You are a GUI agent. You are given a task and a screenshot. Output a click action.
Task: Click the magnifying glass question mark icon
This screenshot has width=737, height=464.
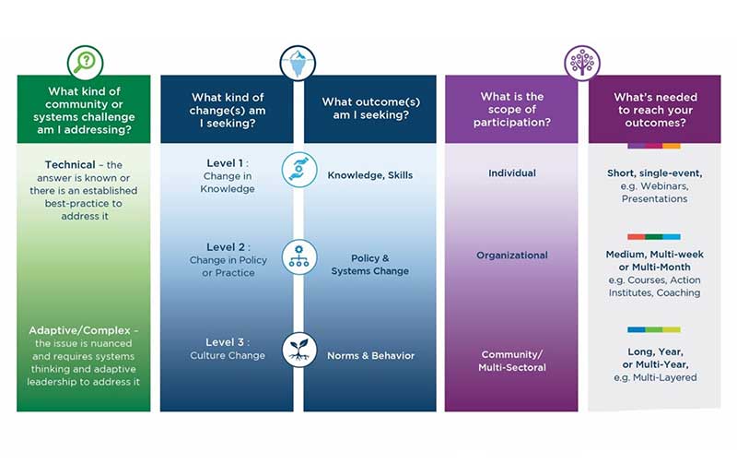(85, 62)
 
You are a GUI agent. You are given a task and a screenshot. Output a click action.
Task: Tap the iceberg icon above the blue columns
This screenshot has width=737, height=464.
(298, 64)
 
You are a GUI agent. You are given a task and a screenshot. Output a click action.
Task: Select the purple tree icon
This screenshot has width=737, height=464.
(582, 63)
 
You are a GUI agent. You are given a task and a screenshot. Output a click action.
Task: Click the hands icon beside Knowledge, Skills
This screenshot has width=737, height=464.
(298, 170)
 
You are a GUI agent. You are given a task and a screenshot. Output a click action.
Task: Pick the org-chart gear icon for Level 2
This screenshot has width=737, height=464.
(298, 257)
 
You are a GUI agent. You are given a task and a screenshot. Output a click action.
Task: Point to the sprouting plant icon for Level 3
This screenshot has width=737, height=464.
(298, 350)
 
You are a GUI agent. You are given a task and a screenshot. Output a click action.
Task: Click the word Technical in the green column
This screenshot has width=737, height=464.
(70, 165)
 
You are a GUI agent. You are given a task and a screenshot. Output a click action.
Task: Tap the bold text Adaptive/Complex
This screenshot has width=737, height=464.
(79, 330)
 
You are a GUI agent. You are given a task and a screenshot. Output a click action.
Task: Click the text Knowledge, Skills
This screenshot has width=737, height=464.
(370, 175)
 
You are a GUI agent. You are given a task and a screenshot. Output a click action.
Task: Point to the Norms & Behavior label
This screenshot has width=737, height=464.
(371, 356)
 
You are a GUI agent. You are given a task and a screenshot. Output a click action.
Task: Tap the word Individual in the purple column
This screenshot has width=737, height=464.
(512, 173)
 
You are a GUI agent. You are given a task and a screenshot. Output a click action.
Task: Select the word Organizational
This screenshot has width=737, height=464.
(512, 256)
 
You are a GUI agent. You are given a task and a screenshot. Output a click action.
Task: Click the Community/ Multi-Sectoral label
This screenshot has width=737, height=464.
(512, 361)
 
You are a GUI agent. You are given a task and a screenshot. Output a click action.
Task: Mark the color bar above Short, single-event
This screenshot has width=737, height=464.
(654, 146)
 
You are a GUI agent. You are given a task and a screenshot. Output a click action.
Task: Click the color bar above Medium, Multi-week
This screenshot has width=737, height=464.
(654, 237)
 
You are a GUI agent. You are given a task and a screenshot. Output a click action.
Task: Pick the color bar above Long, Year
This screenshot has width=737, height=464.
(654, 329)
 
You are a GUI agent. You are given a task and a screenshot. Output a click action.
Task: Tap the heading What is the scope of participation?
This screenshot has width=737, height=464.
(512, 109)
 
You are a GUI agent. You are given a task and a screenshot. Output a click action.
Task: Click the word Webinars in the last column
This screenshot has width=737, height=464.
(664, 186)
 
